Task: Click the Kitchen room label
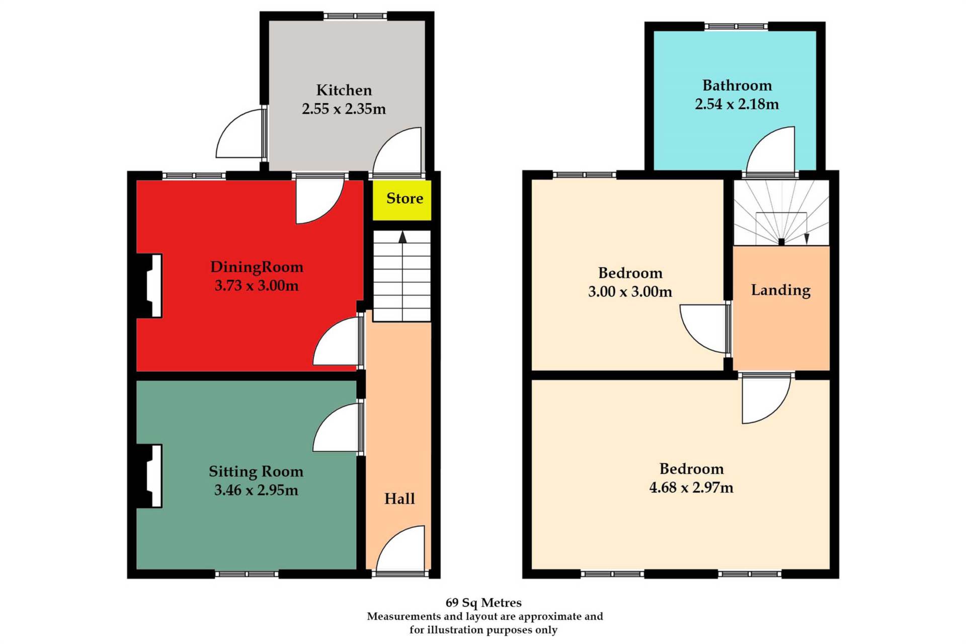pyautogui.click(x=344, y=90)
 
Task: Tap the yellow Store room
pyautogui.click(x=402, y=200)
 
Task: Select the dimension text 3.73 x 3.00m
pyautogui.click(x=257, y=286)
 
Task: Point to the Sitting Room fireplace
pyautogui.click(x=149, y=476)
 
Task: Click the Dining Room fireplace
pyautogui.click(x=149, y=286)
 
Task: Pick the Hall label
pyautogui.click(x=399, y=499)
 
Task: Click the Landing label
pyautogui.click(x=781, y=290)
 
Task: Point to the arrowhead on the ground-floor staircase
pyautogui.click(x=403, y=237)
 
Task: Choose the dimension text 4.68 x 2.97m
pyautogui.click(x=691, y=488)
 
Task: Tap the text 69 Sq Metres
pyautogui.click(x=484, y=603)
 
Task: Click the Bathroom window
pyautogui.click(x=736, y=26)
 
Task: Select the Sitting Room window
pyautogui.click(x=247, y=574)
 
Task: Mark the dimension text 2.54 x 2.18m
pyautogui.click(x=737, y=104)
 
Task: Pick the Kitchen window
pyautogui.click(x=355, y=16)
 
